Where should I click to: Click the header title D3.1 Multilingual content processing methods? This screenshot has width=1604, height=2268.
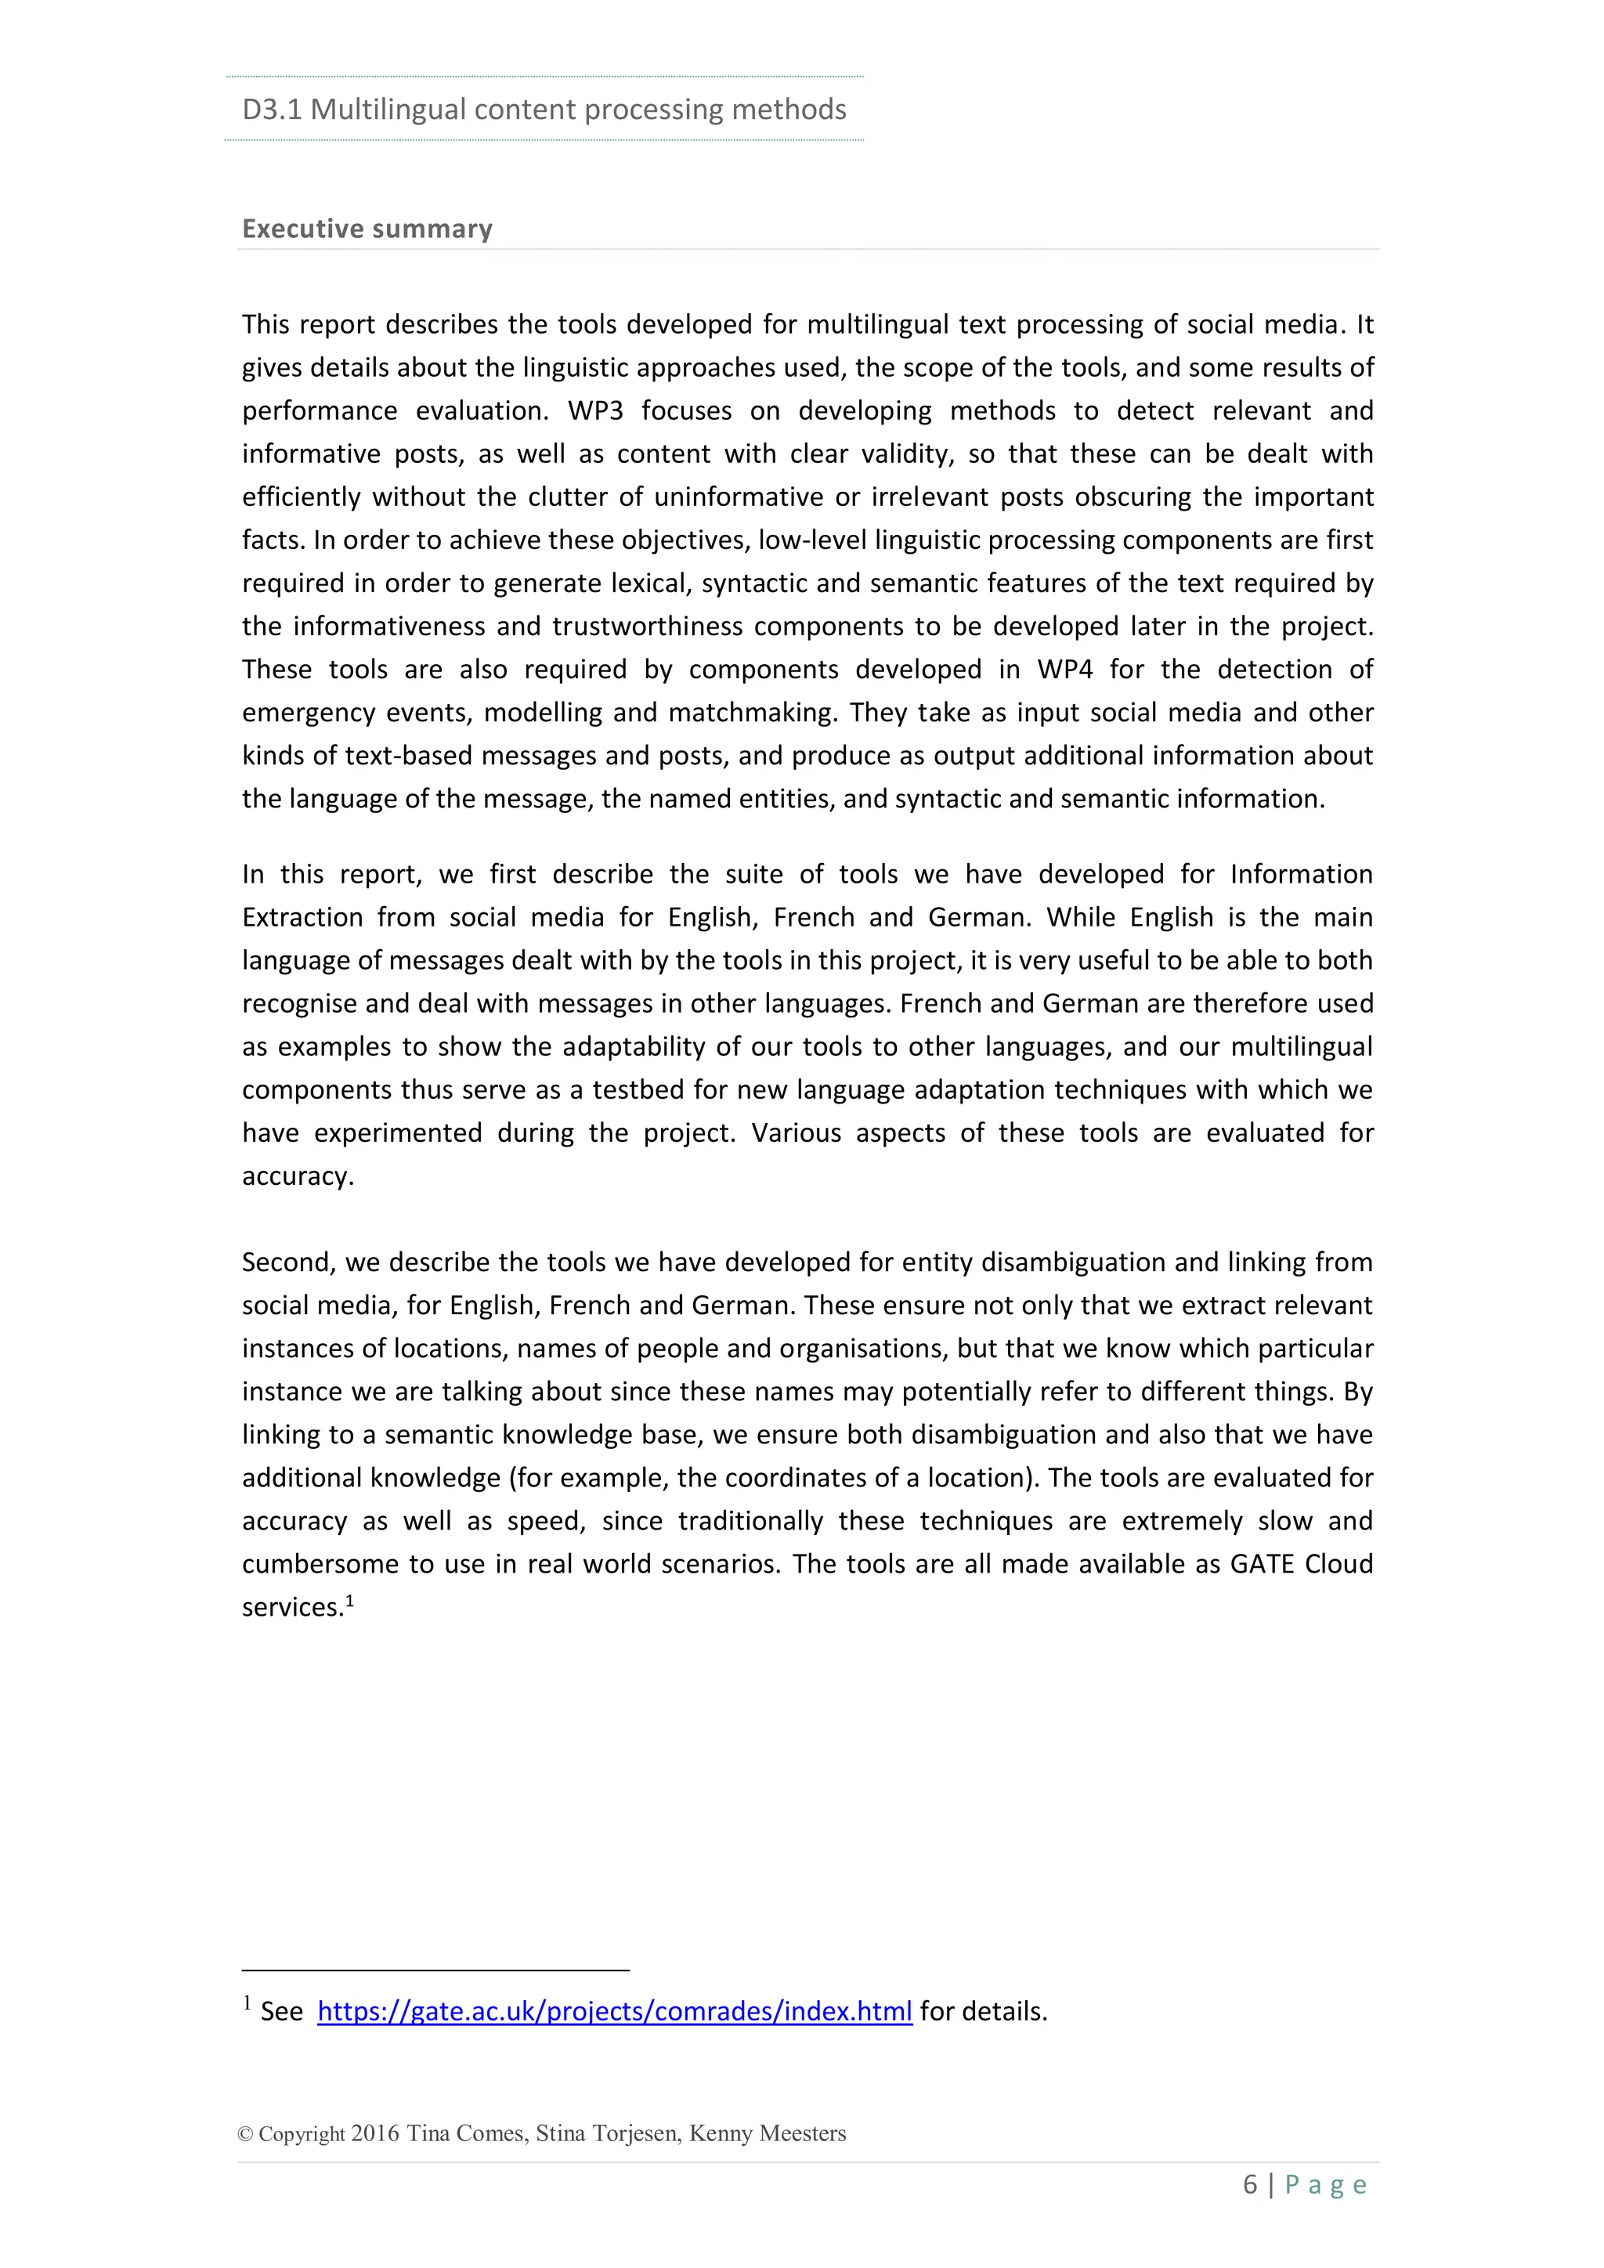click(x=544, y=109)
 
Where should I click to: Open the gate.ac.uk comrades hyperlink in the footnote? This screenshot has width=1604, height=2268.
click(x=613, y=2011)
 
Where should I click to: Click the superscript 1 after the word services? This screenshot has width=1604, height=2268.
click(x=349, y=1599)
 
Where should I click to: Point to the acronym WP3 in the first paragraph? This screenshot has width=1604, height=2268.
click(x=594, y=410)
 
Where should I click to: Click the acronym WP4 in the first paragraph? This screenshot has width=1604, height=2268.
click(x=1064, y=669)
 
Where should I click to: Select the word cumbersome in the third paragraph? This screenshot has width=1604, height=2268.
click(x=322, y=1564)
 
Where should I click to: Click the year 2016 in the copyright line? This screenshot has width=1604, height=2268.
click(x=375, y=2133)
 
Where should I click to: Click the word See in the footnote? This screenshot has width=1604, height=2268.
click(x=280, y=2011)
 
